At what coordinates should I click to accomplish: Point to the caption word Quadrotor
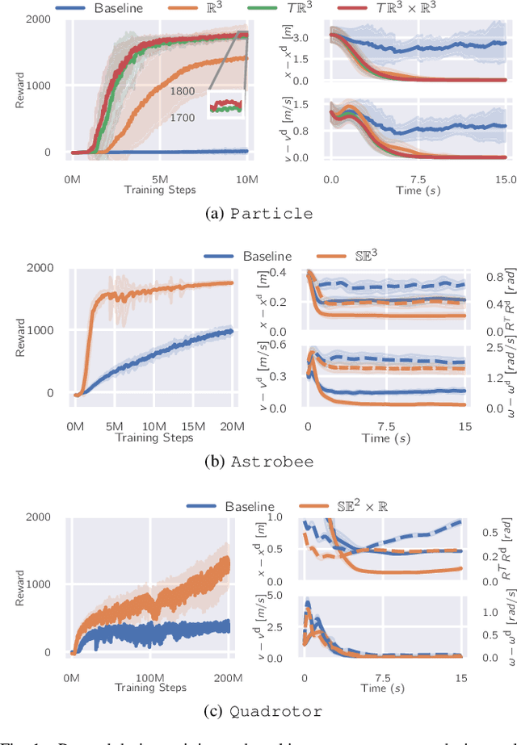pos(275,711)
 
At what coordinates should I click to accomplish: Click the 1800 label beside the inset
pos(182,93)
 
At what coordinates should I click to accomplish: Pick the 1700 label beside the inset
pos(182,118)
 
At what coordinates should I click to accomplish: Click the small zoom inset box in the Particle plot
pos(225,105)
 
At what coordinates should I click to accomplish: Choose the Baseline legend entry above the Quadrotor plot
pos(248,506)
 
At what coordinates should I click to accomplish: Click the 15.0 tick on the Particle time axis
pos(505,178)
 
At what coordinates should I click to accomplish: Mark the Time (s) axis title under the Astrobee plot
pos(385,437)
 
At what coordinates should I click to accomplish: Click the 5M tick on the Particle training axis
pos(159,177)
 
